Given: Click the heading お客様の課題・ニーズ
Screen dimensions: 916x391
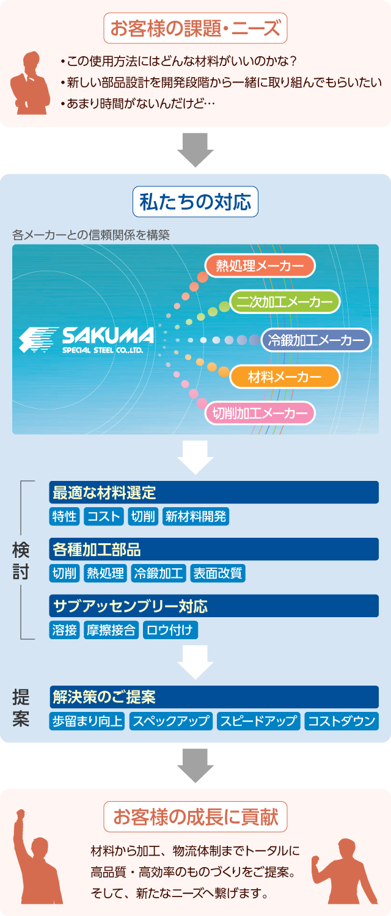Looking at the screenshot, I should pos(195,28).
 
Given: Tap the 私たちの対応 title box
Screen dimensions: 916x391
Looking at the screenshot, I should pos(195,202).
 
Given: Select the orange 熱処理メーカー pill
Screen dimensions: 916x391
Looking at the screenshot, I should pos(260,266).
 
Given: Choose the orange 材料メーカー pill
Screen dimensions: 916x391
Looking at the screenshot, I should pos(285,377).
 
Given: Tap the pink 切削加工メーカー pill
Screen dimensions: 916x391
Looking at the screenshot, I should pos(260,414).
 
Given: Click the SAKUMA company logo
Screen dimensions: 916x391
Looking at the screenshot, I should pos(86,339).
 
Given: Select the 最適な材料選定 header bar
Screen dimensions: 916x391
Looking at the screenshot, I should pos(214,493).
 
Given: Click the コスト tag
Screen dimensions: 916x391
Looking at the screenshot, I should pos(104,516).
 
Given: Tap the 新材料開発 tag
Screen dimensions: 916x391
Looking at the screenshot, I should pos(195,516).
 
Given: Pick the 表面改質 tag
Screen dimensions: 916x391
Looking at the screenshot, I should pos(217,573).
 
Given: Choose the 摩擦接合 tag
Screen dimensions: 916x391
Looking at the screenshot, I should pos(111,630).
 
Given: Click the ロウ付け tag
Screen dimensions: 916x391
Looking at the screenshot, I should pos(170,630).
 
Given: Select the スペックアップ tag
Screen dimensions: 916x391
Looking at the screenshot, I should pos(171,721).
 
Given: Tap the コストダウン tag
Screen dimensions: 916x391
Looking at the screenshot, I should pos(342,721).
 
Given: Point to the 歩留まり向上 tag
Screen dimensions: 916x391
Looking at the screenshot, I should pos(87,721).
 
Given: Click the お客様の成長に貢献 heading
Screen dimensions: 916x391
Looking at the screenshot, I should pos(195,816).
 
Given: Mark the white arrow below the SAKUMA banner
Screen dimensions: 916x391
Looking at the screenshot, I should pos(195,457).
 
